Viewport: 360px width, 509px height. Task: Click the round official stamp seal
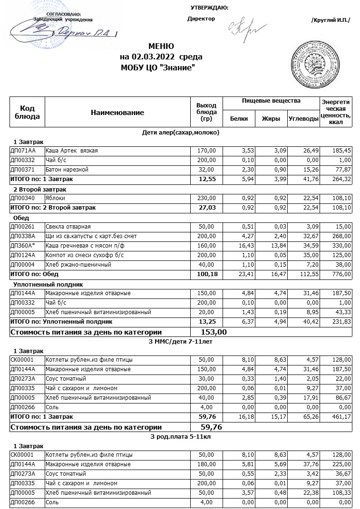317,64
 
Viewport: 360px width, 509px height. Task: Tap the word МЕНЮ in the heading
161,47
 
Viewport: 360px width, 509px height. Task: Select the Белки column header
239,119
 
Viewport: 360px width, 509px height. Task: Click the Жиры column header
271,119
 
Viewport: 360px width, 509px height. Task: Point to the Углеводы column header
303,119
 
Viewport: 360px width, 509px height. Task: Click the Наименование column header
117,113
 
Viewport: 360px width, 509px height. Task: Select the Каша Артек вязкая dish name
71,151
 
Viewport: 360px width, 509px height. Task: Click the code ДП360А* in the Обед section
23,246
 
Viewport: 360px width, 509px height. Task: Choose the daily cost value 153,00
214,332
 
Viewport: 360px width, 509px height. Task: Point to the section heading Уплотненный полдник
49,284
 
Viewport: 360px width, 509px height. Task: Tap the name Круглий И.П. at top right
330,20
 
